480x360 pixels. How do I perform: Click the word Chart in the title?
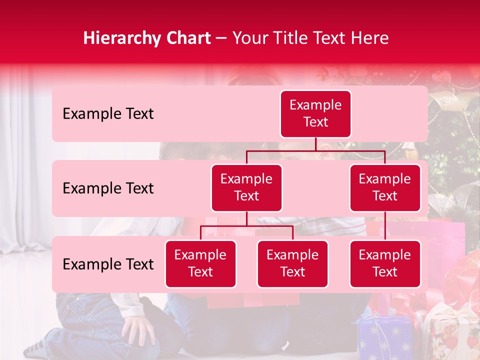pos(188,38)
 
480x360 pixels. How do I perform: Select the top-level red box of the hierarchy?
pos(315,113)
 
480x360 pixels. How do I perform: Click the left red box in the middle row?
pos(246,187)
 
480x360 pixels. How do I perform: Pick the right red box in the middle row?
pos(385,187)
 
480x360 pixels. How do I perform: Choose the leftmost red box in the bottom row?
pos(200,263)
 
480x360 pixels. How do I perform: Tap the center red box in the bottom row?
pos(292,263)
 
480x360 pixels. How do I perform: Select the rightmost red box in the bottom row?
pos(385,263)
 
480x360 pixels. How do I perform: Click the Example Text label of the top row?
pos(108,114)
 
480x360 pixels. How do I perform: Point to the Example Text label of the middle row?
pos(108,188)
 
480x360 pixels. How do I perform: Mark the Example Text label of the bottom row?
pos(108,264)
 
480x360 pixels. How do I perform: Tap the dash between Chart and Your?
pos(221,38)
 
